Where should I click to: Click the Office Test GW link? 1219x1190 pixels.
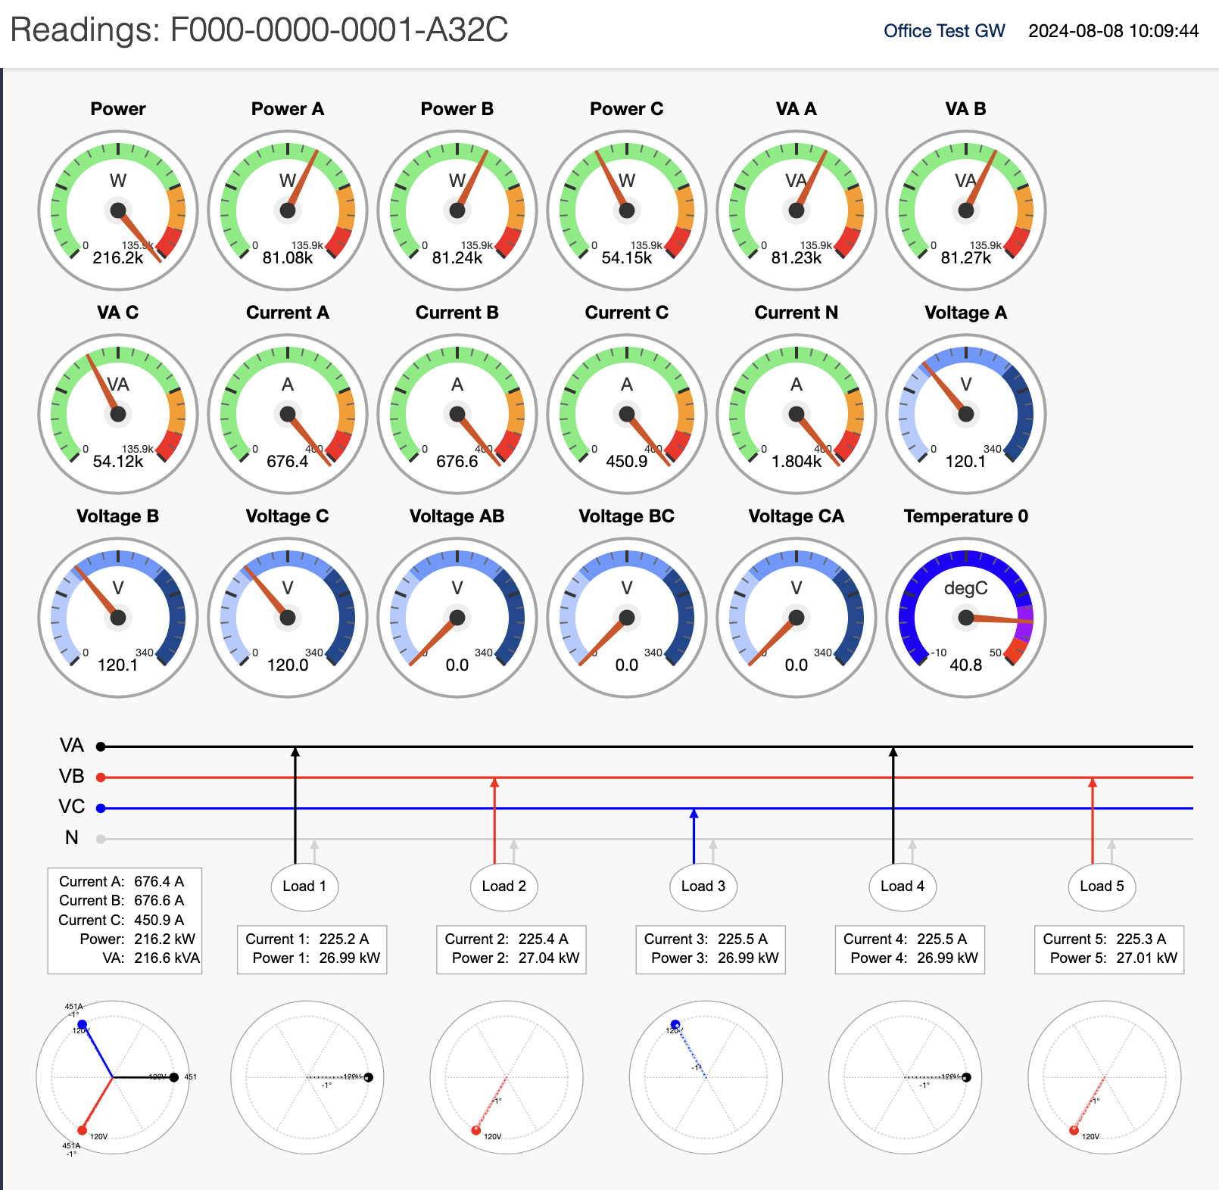pyautogui.click(x=943, y=31)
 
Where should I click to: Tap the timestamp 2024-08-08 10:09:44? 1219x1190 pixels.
pyautogui.click(x=1113, y=31)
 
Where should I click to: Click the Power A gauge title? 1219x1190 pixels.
pyautogui.click(x=288, y=109)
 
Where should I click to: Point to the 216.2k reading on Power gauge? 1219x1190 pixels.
pyautogui.click(x=118, y=258)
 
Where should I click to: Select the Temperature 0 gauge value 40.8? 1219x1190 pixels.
pyautogui.click(x=966, y=665)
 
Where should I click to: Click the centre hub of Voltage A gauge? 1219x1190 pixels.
pyautogui.click(x=966, y=414)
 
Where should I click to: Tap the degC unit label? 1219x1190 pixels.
pyautogui.click(x=966, y=588)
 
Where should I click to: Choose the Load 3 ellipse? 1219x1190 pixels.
pyautogui.click(x=703, y=886)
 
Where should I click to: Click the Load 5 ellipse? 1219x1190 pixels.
pyautogui.click(x=1102, y=886)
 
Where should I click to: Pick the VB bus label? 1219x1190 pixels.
pyautogui.click(x=72, y=777)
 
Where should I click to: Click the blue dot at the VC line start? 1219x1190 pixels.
pyautogui.click(x=101, y=808)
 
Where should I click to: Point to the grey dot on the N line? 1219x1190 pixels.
pyautogui.click(x=101, y=839)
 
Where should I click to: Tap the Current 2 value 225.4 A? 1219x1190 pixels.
pyautogui.click(x=543, y=939)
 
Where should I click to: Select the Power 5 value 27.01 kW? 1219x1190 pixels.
pyautogui.click(x=1146, y=958)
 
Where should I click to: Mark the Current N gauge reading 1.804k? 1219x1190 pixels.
pyautogui.click(x=797, y=462)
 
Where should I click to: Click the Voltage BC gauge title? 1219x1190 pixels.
pyautogui.click(x=627, y=516)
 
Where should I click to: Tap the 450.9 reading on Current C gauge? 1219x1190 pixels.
pyautogui.click(x=627, y=462)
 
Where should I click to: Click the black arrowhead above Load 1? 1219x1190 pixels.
pyautogui.click(x=295, y=752)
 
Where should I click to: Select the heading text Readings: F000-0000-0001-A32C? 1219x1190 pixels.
pyautogui.click(x=259, y=30)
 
